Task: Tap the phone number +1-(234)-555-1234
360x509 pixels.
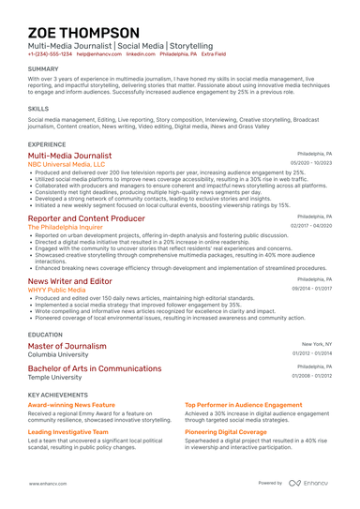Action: coord(49,54)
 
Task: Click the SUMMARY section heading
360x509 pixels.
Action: coord(43,69)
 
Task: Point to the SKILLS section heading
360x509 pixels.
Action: coord(38,109)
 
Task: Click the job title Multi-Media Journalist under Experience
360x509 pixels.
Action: coord(69,156)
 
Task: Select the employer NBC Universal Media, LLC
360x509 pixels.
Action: coord(67,164)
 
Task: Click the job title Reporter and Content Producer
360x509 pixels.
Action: coord(86,218)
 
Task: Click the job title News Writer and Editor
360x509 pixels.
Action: coord(69,281)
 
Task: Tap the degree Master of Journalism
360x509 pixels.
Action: coord(67,346)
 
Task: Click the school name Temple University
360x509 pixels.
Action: coord(55,377)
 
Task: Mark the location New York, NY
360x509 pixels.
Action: coord(317,344)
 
